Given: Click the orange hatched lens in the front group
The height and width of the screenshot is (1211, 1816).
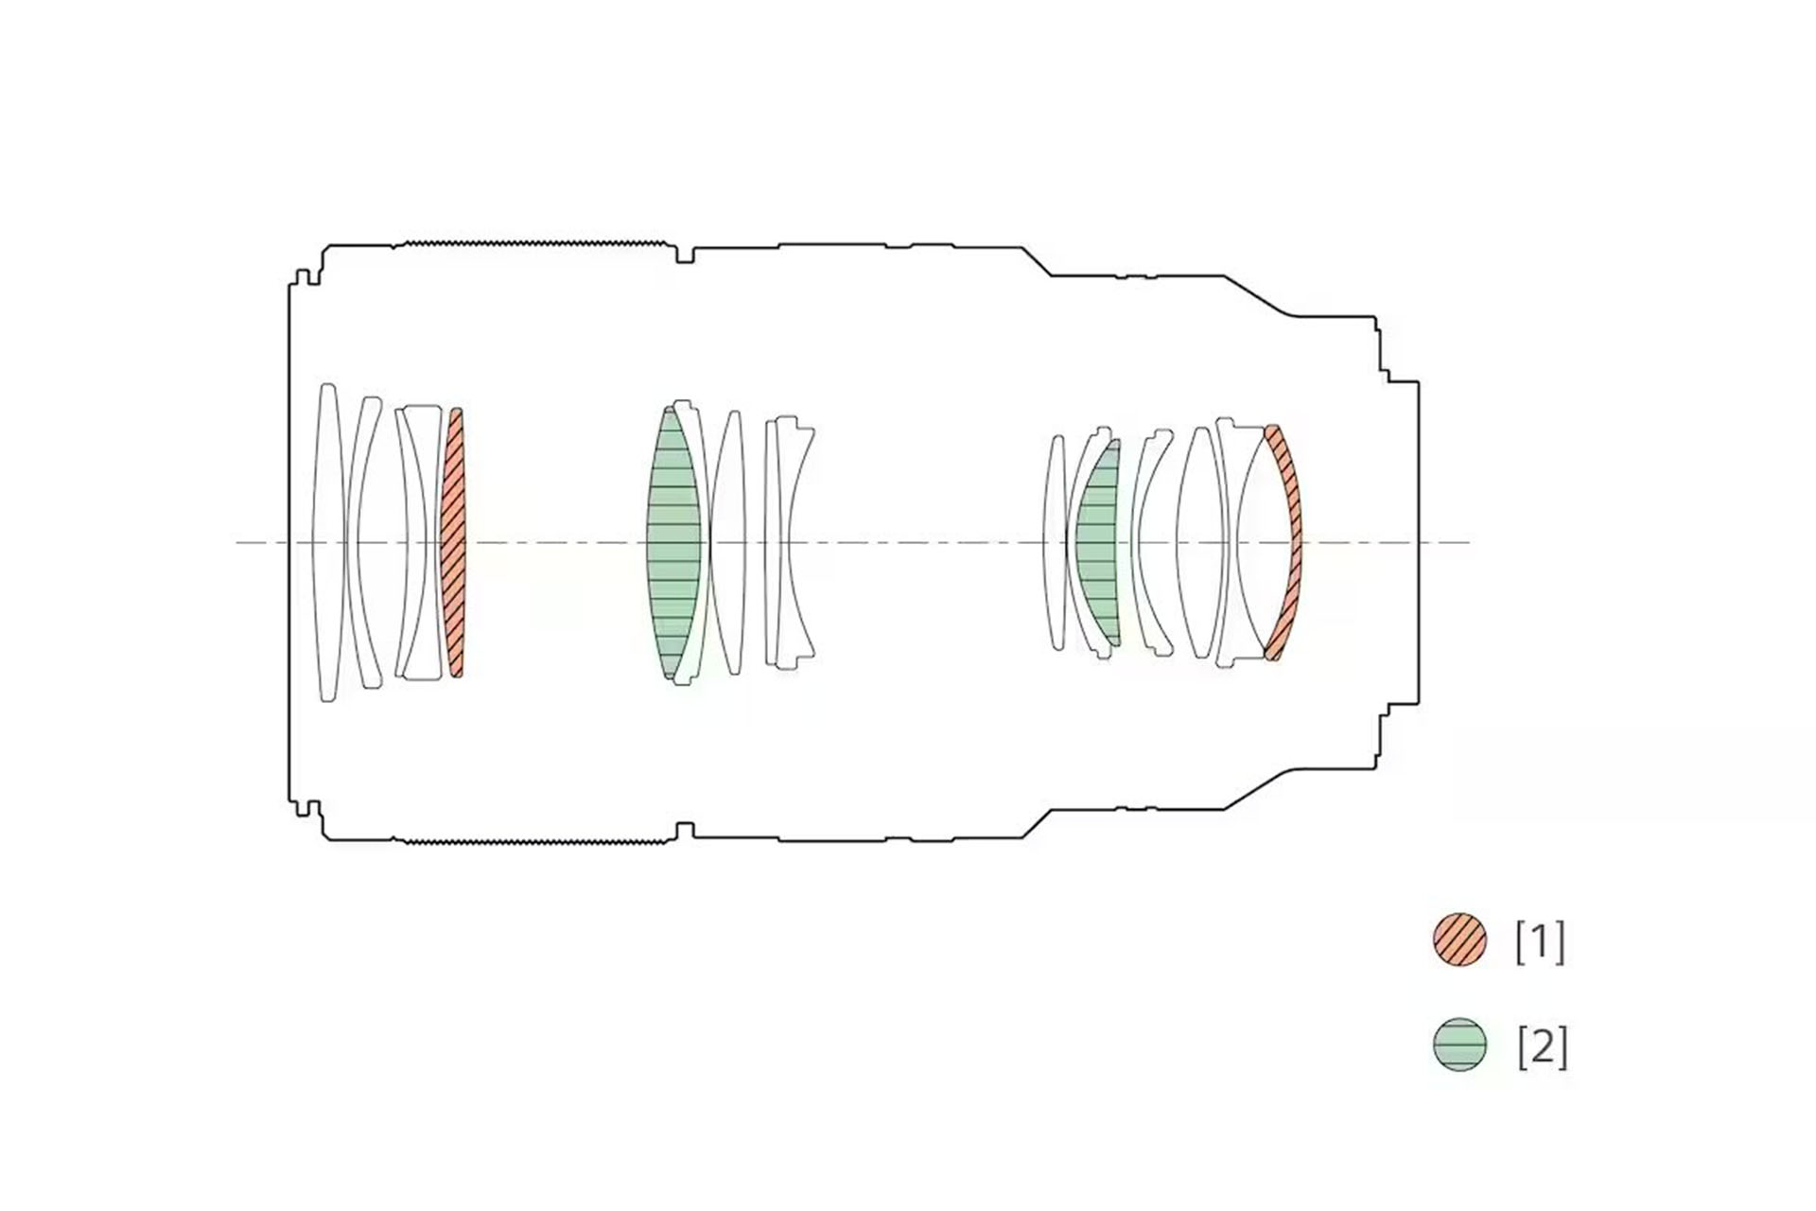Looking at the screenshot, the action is [454, 542].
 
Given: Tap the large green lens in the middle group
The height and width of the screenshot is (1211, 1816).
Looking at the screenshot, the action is [673, 542].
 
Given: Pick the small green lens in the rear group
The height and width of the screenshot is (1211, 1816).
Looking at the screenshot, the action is [1097, 542].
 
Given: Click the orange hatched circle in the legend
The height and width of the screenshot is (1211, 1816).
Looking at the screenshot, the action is [1459, 939].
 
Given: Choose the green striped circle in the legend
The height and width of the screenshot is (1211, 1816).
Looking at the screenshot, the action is [1459, 1044].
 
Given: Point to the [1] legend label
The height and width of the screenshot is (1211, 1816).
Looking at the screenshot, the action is [1540, 941].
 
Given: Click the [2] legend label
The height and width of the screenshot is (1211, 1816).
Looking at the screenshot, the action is [1542, 1047].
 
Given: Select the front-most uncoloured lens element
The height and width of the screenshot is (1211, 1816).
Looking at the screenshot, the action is [327, 542].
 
